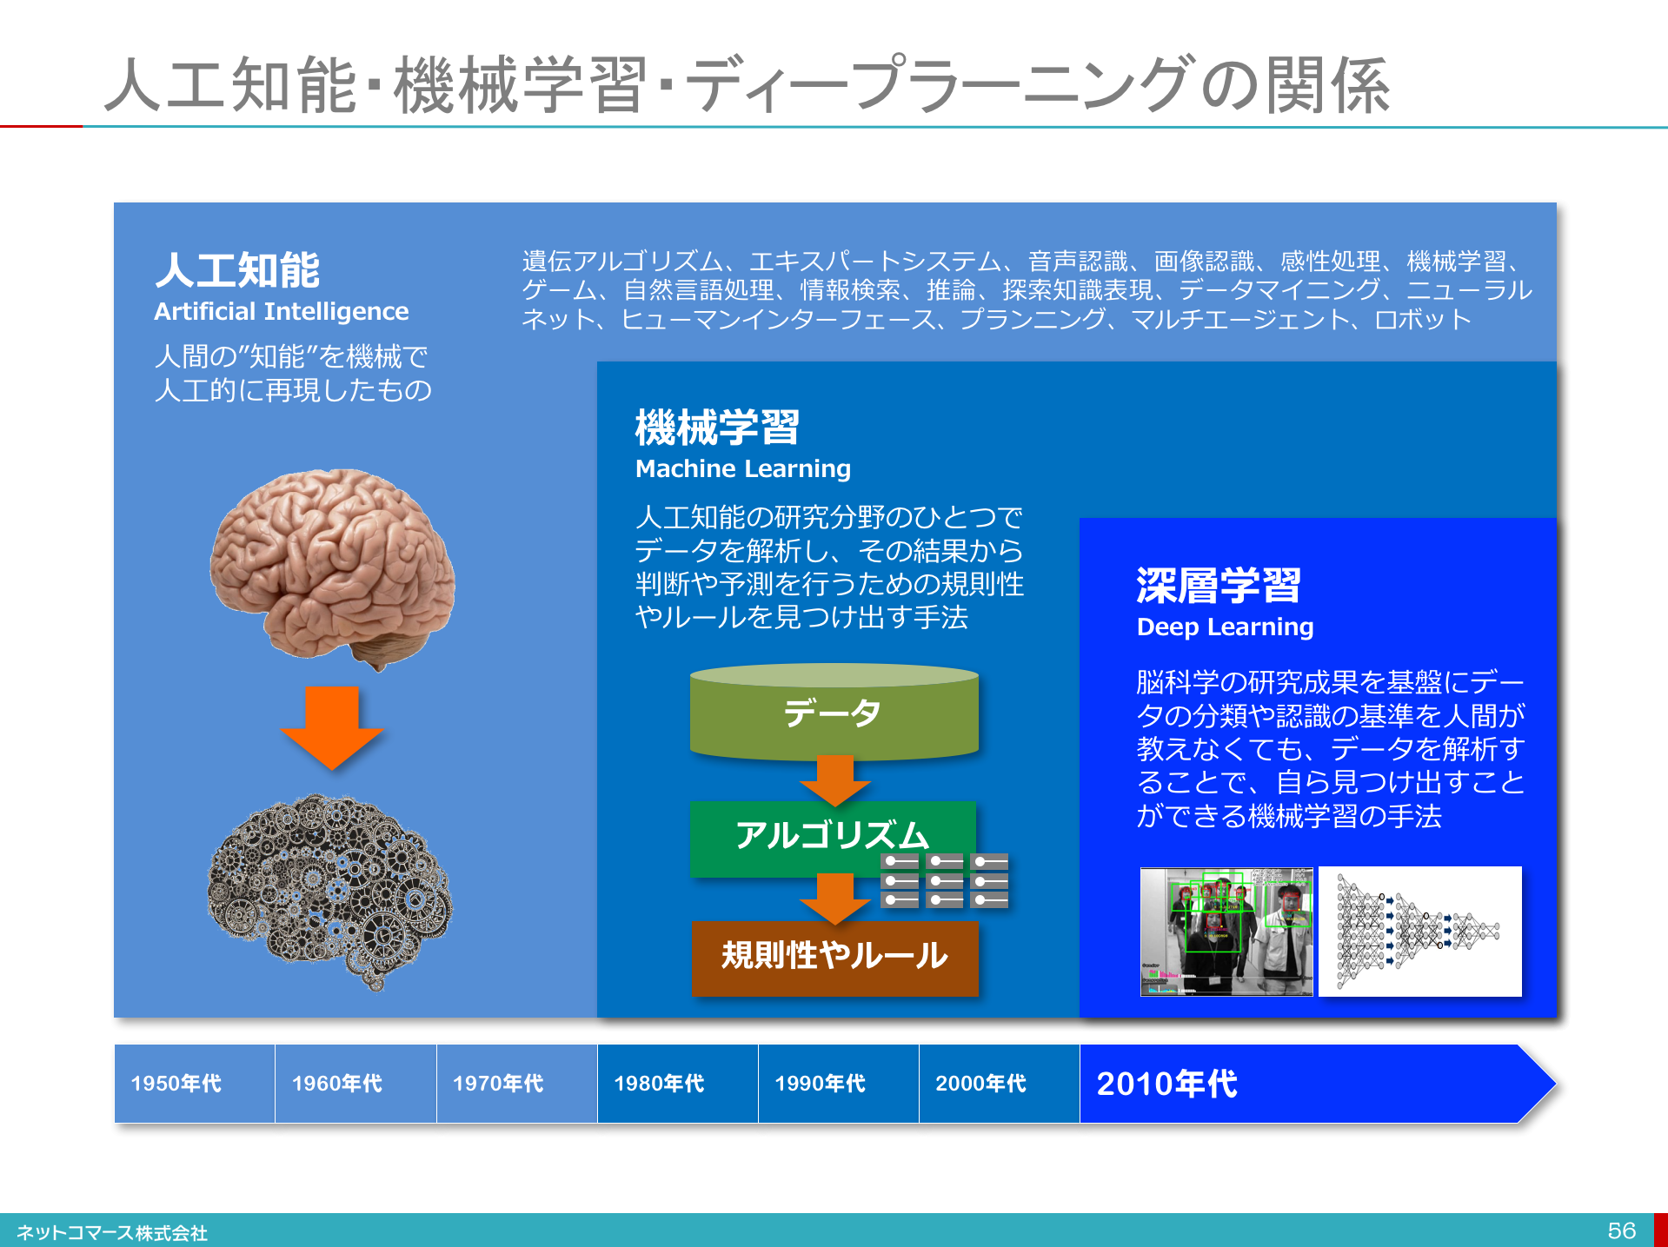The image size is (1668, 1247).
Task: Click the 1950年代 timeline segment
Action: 195,1084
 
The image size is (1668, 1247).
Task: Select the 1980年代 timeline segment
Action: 678,1084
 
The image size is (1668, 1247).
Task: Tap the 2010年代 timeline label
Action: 1166,1084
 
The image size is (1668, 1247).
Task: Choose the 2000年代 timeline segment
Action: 1000,1084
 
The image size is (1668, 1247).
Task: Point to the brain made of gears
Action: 330,892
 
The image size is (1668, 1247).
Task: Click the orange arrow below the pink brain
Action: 331,727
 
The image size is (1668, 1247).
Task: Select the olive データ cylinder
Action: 834,711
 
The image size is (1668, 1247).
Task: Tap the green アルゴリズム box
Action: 833,838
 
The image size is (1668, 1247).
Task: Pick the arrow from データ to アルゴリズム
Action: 834,780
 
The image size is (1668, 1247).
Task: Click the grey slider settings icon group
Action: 945,880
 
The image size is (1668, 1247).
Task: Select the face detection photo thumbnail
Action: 1226,932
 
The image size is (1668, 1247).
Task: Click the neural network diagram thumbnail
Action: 1420,932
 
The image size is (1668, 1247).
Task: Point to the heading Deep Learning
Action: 1225,627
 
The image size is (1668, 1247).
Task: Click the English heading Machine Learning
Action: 743,469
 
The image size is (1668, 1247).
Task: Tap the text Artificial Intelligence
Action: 282,311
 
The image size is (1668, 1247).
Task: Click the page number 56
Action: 1621,1230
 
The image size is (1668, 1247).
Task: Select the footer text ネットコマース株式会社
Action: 112,1233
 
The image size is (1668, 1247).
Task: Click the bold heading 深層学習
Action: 1219,585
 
